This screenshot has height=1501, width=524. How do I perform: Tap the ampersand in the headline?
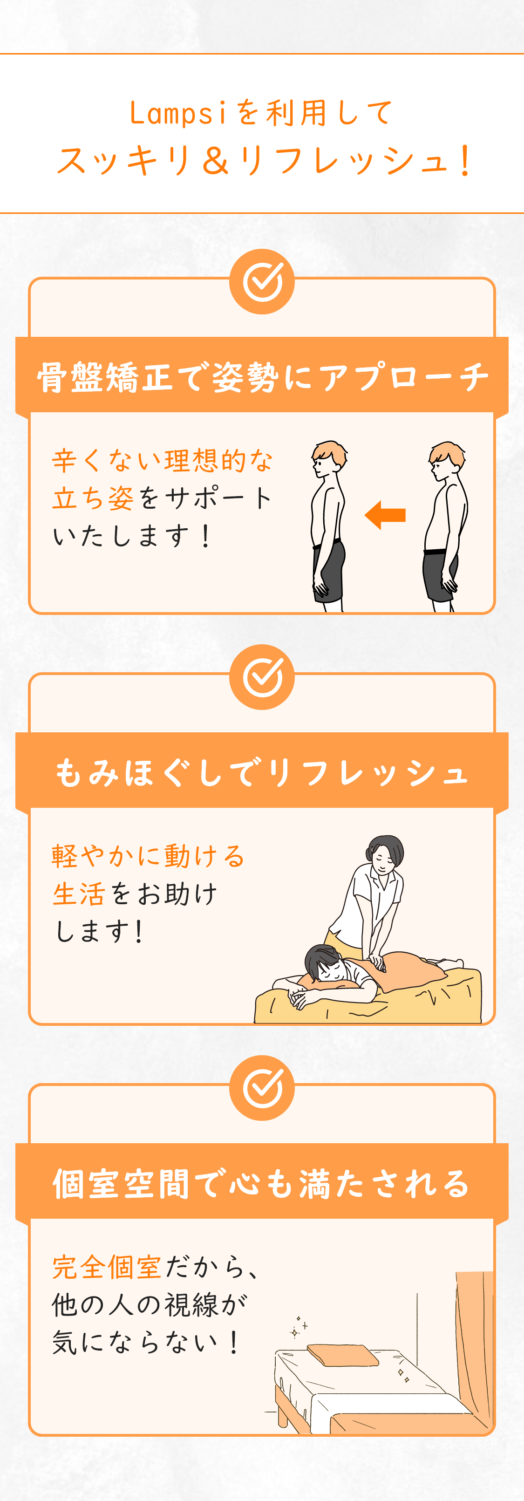[215, 161]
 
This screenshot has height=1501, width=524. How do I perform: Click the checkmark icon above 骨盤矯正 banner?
[262, 282]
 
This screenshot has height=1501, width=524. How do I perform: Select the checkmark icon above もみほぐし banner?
[262, 677]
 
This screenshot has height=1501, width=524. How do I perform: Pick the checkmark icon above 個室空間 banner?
[262, 1088]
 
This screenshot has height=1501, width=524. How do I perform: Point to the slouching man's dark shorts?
[438, 574]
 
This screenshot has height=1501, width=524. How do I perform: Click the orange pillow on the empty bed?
[342, 1355]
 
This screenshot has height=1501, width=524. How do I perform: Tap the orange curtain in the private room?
[474, 1340]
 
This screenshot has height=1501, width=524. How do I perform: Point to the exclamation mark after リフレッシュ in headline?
[464, 161]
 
